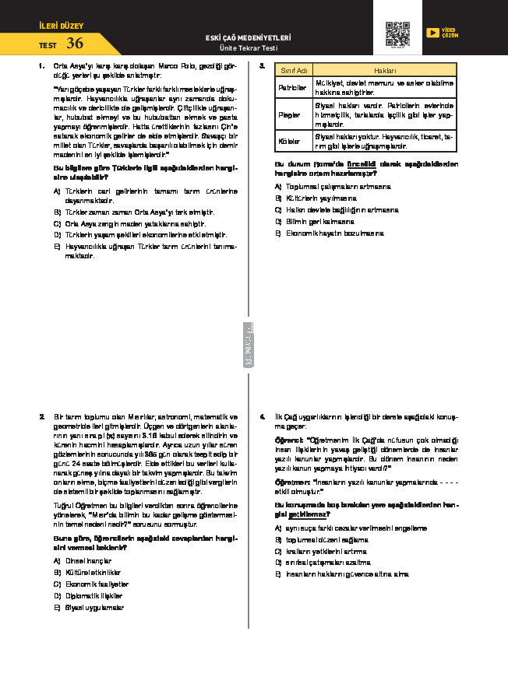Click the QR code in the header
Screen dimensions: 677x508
397,34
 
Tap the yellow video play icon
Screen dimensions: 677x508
432,33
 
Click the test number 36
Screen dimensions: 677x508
75,44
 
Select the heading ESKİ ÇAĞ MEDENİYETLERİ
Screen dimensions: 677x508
248,37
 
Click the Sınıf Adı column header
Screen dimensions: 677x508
294,70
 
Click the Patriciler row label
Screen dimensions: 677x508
293,87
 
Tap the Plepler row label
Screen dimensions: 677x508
290,114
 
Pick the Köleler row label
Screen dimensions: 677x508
290,141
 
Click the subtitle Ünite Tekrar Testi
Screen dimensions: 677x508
249,48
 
